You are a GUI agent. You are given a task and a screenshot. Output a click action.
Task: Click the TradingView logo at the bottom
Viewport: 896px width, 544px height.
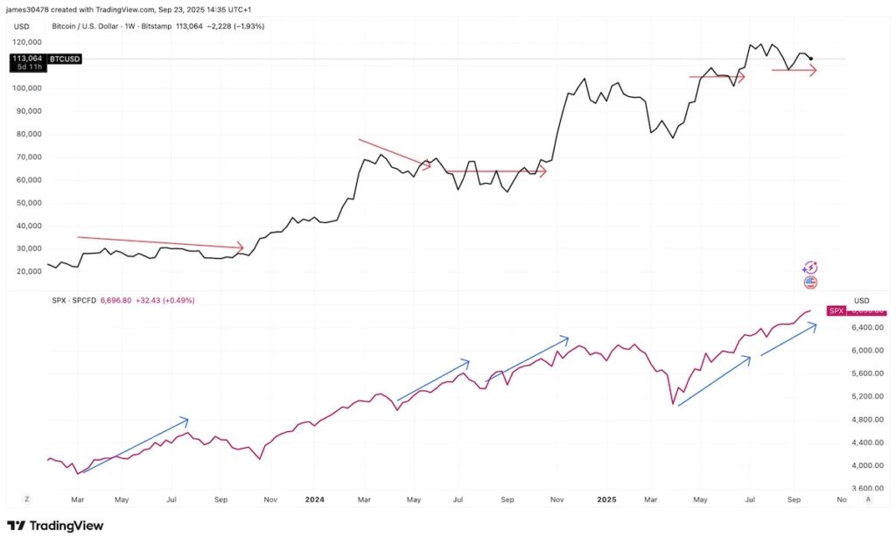[x=55, y=526]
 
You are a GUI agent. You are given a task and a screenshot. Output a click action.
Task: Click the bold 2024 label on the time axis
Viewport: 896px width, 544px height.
[x=315, y=499]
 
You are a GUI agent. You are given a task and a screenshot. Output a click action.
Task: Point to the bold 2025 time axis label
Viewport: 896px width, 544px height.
[x=606, y=499]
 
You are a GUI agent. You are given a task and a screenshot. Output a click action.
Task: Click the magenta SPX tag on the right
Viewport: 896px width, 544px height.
[x=836, y=310]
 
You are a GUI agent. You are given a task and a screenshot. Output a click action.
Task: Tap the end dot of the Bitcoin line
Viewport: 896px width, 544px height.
[x=811, y=59]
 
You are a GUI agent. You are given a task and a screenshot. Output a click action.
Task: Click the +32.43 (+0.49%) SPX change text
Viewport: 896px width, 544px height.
[x=166, y=300]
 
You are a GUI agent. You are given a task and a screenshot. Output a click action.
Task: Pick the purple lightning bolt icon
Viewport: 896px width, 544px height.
[x=810, y=268]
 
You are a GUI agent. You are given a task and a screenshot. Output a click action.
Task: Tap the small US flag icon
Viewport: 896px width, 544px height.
[x=810, y=282]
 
